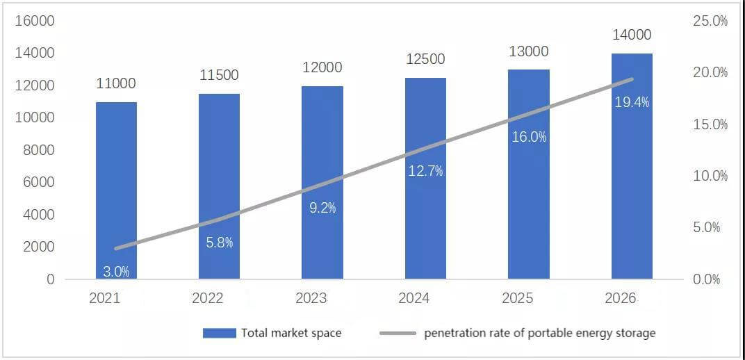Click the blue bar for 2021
pyautogui.click(x=117, y=190)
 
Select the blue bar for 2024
pyautogui.click(x=426, y=178)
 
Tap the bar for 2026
pyautogui.click(x=632, y=166)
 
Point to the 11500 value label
pyautogui.click(x=220, y=75)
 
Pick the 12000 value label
pyautogui.click(x=322, y=67)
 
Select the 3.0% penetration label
pyautogui.click(x=117, y=272)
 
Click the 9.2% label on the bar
pyautogui.click(x=322, y=208)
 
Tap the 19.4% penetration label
pyautogui.click(x=632, y=102)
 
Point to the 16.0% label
pyautogui.click(x=529, y=137)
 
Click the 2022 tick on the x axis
pyautogui.click(x=208, y=298)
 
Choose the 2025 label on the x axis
pyautogui.click(x=517, y=298)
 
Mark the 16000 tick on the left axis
pyautogui.click(x=35, y=21)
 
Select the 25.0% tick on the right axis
pyautogui.click(x=710, y=21)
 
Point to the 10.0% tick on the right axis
pyautogui.click(x=710, y=177)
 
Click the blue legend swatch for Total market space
pyautogui.click(x=219, y=333)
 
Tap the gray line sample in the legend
pyautogui.click(x=398, y=333)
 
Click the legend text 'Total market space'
pyautogui.click(x=291, y=333)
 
